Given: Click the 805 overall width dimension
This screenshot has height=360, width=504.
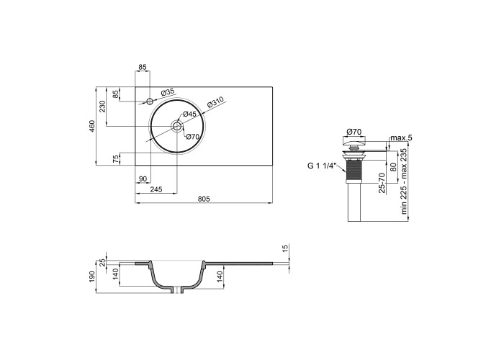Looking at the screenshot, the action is point(204,199).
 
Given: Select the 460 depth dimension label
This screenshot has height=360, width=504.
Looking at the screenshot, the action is point(92,126).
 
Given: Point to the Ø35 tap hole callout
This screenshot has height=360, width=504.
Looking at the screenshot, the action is point(168,93).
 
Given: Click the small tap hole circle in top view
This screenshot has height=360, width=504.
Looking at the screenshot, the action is point(150,102).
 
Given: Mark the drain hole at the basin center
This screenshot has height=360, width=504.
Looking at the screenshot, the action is point(176,126).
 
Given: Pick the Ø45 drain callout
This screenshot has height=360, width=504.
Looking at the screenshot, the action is point(189,114).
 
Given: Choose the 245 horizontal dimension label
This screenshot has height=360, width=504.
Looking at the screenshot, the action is point(156,189).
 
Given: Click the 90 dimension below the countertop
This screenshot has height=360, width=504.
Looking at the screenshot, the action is point(143,179).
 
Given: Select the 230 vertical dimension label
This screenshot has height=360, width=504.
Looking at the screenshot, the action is point(102,107).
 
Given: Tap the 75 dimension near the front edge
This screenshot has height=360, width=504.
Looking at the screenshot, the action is point(115,159).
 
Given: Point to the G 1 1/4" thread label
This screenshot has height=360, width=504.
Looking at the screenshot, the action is point(322,166).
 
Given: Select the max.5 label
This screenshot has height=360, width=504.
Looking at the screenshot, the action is point(401,138).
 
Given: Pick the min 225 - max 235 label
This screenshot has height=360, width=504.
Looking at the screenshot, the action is point(404,181).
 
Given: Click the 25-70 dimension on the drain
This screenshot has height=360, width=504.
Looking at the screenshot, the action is point(382,183).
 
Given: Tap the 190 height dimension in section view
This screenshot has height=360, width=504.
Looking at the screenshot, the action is point(92,276).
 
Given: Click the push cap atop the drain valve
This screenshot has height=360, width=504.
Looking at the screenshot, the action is point(354,140).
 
